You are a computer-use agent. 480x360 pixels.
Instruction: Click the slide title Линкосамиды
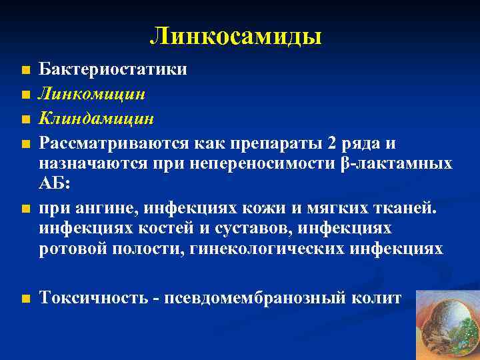(x=236, y=36)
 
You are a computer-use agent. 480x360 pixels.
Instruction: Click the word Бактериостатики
(x=113, y=70)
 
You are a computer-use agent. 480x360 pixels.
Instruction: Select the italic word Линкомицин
(x=92, y=95)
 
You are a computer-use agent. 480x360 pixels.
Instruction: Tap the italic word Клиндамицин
(x=96, y=119)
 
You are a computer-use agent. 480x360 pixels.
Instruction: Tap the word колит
(x=380, y=298)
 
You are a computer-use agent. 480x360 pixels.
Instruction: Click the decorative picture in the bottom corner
(x=446, y=324)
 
